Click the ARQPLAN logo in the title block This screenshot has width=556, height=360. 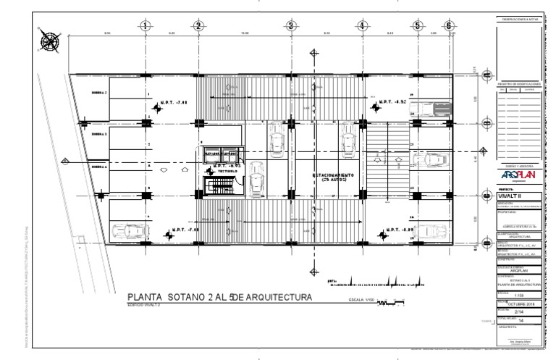[x=516, y=176]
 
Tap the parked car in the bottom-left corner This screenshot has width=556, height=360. [x=127, y=231]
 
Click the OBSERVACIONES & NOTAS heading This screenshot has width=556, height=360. [x=516, y=20]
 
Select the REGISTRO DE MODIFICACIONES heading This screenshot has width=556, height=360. [x=516, y=84]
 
